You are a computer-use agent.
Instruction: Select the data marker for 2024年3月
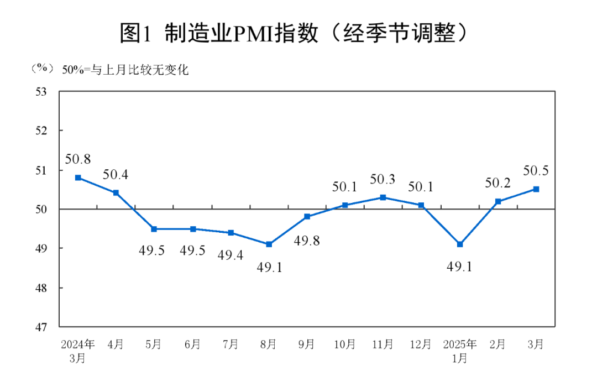(78, 177)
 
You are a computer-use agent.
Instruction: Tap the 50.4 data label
(116, 175)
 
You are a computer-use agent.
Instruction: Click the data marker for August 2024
(269, 244)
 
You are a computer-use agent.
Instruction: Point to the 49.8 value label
(307, 241)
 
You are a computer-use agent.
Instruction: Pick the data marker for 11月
(383, 197)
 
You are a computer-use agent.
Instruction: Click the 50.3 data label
(383, 179)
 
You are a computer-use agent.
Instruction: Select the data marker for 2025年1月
(460, 244)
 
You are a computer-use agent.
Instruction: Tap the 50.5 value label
(536, 171)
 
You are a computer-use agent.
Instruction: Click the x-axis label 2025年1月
(460, 351)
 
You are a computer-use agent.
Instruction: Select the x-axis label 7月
(231, 344)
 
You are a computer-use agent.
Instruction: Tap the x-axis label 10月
(345, 344)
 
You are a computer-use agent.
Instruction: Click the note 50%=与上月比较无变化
(125, 70)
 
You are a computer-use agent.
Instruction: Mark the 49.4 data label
(231, 255)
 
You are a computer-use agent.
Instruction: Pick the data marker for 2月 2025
(498, 201)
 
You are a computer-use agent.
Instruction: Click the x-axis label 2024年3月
(78, 351)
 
